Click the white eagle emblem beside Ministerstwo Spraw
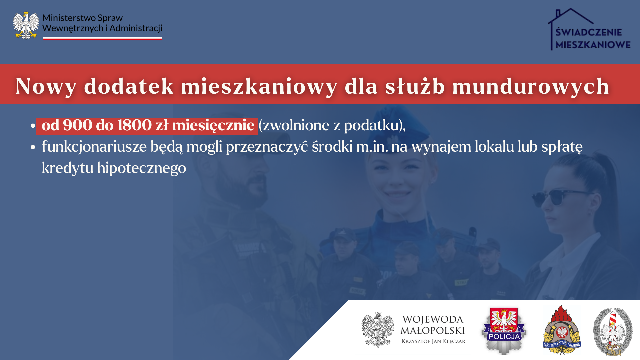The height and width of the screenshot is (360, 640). [x=26, y=25]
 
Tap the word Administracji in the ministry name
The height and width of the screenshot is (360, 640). [x=136, y=28]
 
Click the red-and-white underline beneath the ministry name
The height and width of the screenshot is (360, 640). [x=103, y=38]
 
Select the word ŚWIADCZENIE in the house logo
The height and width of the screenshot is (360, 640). [x=589, y=32]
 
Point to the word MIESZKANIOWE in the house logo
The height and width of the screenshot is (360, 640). [x=593, y=45]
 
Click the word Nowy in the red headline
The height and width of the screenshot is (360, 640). [x=46, y=86]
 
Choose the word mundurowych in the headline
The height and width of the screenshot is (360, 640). [x=531, y=86]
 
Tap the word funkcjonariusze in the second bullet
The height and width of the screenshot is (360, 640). [x=94, y=147]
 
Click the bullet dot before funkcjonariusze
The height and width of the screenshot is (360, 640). [x=33, y=147]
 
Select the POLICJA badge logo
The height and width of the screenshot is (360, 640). [x=504, y=331]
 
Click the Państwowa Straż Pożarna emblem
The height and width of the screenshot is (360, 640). [x=562, y=330]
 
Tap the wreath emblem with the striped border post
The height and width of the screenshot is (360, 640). [x=613, y=332]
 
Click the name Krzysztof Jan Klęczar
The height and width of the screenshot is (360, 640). [x=433, y=341]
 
